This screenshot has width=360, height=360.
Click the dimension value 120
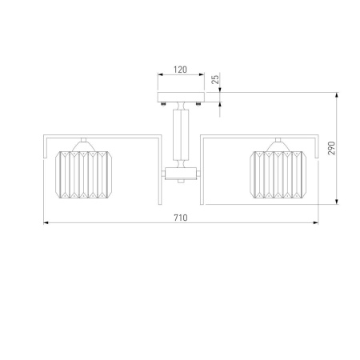[181, 70]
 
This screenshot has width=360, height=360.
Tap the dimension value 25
[215, 79]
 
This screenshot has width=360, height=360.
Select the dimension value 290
[331, 148]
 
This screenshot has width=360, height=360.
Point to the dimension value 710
[181, 218]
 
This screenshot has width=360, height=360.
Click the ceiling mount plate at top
[181, 97]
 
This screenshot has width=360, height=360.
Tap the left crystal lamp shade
[83, 174]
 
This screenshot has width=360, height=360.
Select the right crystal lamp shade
[278, 174]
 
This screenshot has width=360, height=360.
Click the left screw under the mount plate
[164, 104]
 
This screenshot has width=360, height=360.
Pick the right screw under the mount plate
[198, 104]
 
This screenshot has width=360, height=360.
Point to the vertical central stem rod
[181, 134]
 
